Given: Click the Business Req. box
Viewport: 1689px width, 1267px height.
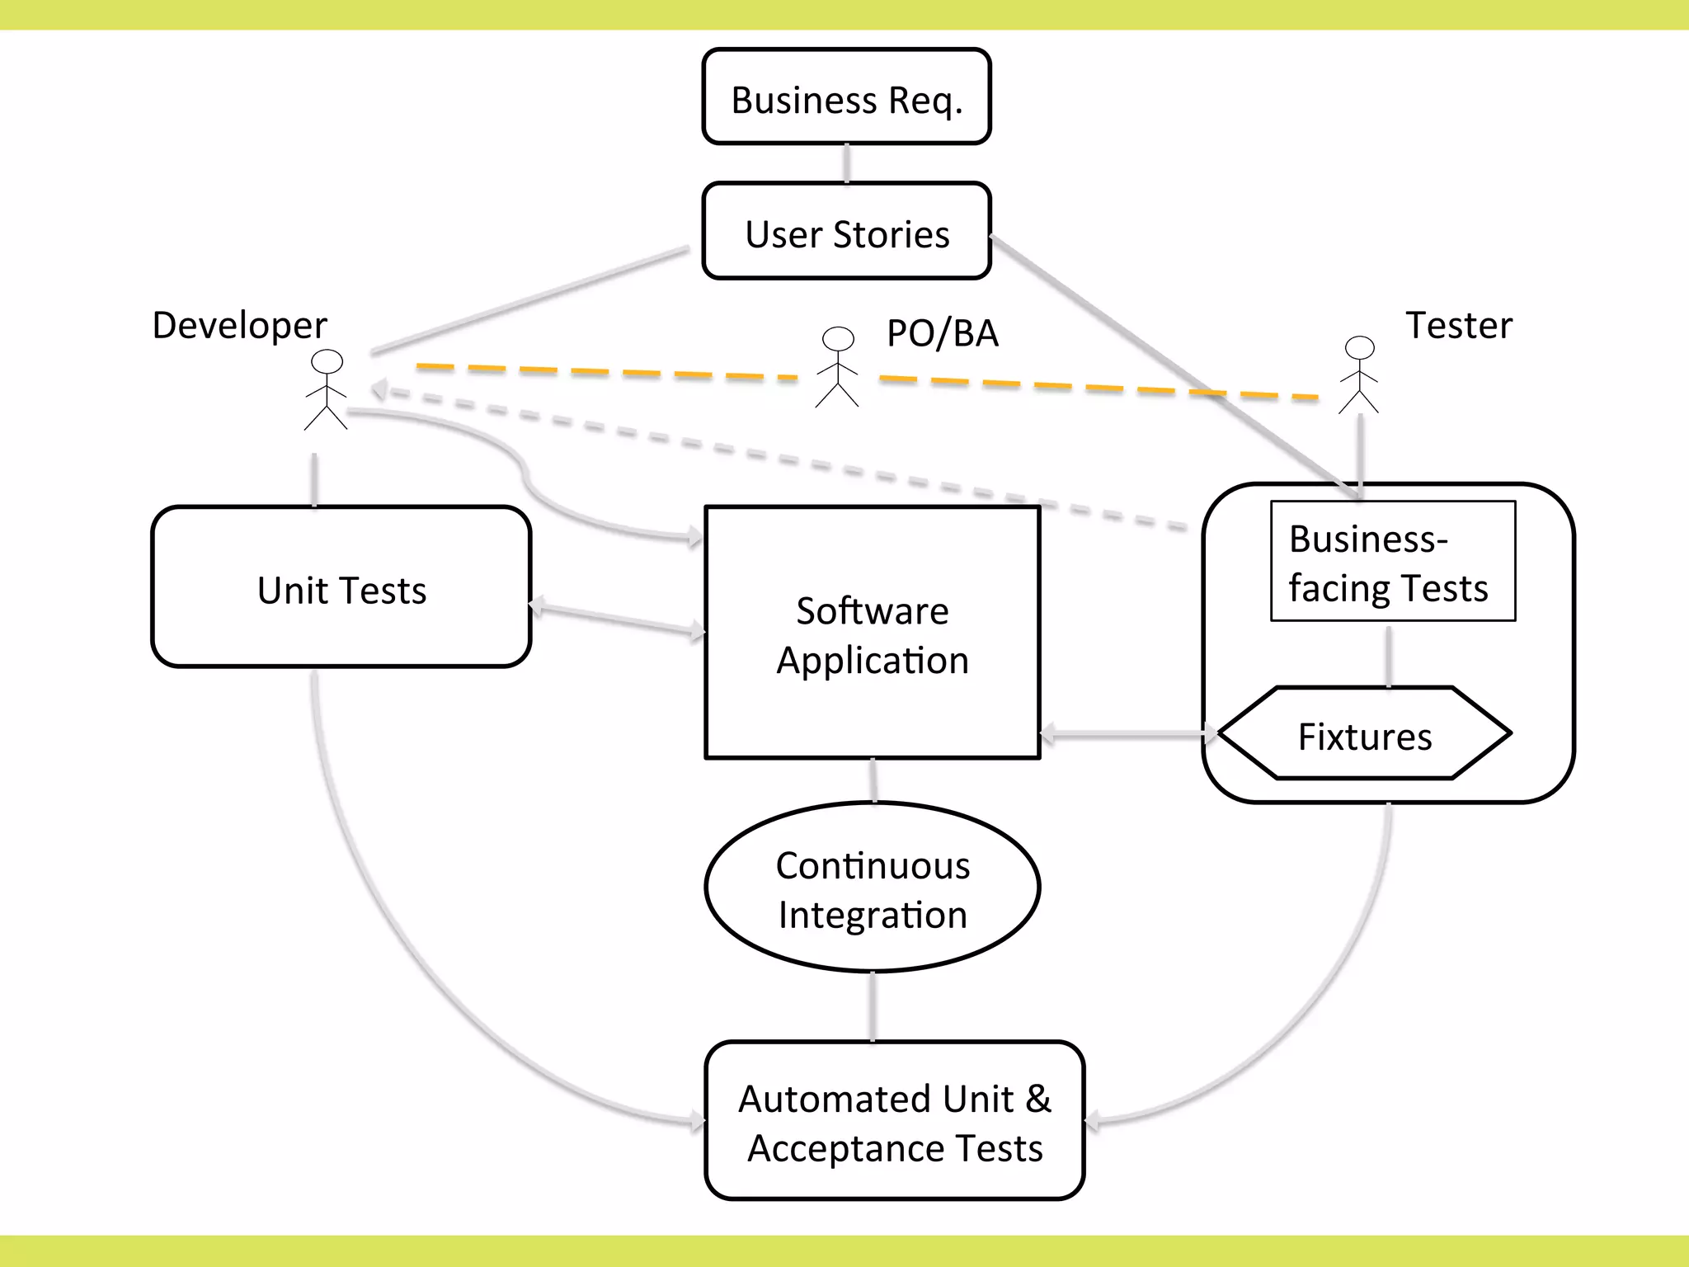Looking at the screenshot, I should (846, 97).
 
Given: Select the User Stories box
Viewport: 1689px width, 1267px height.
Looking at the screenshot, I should (846, 232).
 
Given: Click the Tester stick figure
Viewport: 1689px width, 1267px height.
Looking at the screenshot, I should (1358, 375).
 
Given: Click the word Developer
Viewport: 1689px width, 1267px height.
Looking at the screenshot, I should (239, 326).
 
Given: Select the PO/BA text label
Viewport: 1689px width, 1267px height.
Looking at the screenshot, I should (942, 334).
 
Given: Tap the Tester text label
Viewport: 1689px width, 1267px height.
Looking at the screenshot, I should (1458, 326).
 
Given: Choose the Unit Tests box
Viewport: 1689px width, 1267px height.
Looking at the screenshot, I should (341, 587).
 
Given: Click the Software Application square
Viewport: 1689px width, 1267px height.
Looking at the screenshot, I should (872, 633).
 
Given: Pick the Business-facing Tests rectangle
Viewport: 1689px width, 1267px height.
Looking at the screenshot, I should (1392, 562).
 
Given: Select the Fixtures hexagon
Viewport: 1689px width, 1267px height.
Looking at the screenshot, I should (1365, 734).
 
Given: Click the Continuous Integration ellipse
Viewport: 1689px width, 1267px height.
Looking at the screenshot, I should (872, 888).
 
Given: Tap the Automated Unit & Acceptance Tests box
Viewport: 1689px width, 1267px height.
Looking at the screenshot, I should (895, 1121).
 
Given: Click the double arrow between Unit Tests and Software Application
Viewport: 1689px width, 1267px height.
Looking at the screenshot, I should (617, 620).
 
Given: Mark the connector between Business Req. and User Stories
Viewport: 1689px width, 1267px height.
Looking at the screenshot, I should (846, 163).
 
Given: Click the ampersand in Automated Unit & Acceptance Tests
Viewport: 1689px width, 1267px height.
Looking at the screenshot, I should (1038, 1099).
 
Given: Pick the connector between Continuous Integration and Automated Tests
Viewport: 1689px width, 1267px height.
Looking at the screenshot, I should (873, 1007).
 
